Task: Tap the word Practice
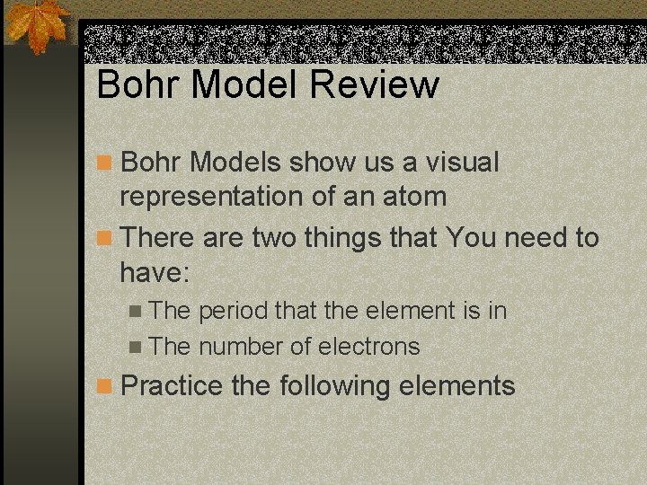tap(171, 387)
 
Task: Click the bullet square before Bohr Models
tap(105, 163)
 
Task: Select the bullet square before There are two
tap(105, 238)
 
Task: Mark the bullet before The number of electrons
tap(136, 348)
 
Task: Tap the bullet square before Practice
tap(105, 387)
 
